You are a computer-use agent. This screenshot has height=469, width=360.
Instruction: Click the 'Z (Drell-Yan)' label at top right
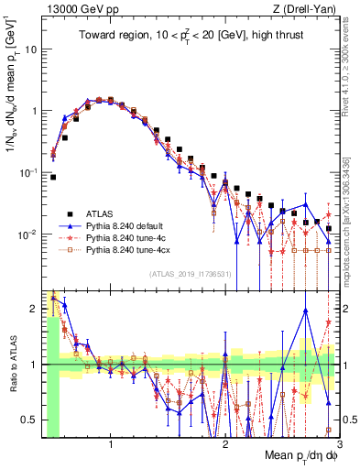(308, 8)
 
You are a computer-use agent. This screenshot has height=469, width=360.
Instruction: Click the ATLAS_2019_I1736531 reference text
(191, 274)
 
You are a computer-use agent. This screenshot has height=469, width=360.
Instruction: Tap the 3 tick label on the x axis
(339, 446)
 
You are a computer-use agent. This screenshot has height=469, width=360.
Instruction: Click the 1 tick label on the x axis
(111, 446)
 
